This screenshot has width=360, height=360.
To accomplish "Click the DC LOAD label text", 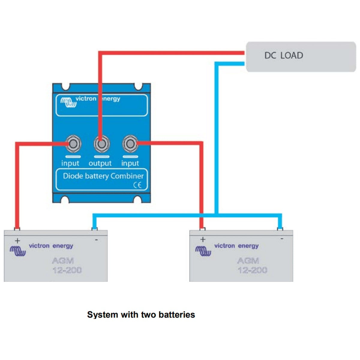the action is [283, 55].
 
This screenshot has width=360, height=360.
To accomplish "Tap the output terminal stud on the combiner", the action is [102, 144].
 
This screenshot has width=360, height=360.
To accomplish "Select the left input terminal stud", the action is [73, 144].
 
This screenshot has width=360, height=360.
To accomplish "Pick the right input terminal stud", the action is [130, 144].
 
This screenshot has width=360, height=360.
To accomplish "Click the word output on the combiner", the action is [100, 163].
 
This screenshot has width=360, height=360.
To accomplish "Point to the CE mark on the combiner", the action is [137, 185].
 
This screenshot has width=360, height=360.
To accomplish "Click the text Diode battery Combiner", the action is [103, 176].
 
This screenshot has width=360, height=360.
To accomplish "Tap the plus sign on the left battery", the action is [17, 241].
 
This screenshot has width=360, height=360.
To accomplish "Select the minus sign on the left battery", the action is [96, 240].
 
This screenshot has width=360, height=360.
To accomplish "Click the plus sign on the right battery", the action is [203, 239].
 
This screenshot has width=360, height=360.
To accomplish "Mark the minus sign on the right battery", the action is [282, 238].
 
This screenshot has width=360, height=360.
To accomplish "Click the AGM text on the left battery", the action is [63, 261].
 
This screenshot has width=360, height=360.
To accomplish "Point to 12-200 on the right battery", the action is [252, 270].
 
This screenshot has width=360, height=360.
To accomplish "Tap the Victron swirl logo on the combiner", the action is [68, 103].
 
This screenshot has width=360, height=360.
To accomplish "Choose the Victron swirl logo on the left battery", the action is [18, 251].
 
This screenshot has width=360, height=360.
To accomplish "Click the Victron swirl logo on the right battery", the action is [203, 251].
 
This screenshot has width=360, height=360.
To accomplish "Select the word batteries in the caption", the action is [177, 315].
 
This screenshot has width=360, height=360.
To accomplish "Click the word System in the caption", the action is [103, 315].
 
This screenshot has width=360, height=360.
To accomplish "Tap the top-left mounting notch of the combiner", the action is [66, 87].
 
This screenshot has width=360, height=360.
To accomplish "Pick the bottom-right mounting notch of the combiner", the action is [137, 199].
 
